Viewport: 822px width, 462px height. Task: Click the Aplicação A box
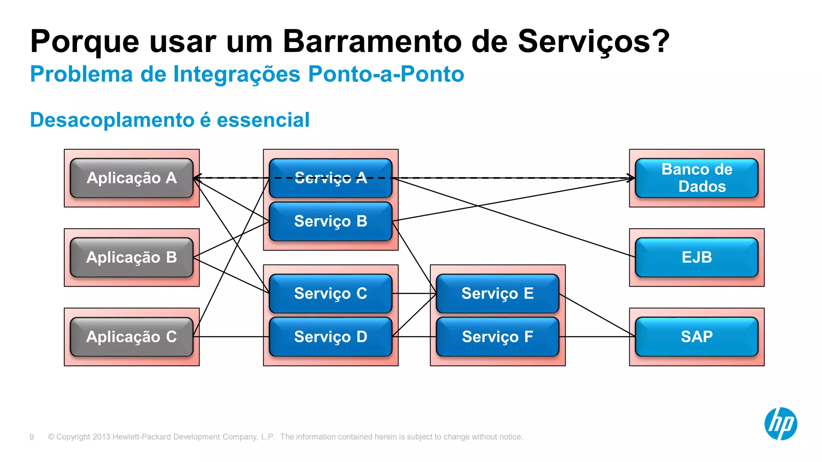point(132,178)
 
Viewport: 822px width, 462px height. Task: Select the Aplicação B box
point(132,257)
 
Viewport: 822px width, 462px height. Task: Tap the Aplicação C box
point(132,336)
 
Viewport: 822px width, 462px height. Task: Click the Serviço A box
point(330,178)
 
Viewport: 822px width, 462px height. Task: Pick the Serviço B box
point(330,221)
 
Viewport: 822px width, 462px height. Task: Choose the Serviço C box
point(330,293)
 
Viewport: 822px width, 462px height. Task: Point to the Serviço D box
point(330,336)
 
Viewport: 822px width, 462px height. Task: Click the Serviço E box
point(497,293)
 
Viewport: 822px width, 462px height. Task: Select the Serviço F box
point(497,336)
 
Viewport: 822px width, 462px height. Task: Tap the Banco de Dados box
point(697,178)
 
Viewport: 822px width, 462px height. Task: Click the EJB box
point(697,257)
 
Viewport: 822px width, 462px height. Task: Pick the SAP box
point(697,336)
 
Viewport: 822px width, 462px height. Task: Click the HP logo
point(780,424)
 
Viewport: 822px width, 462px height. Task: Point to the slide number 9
point(32,437)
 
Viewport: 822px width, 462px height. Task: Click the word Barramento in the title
point(372,41)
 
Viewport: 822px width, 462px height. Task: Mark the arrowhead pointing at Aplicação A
point(197,178)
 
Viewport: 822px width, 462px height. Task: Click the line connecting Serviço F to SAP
point(597,336)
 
